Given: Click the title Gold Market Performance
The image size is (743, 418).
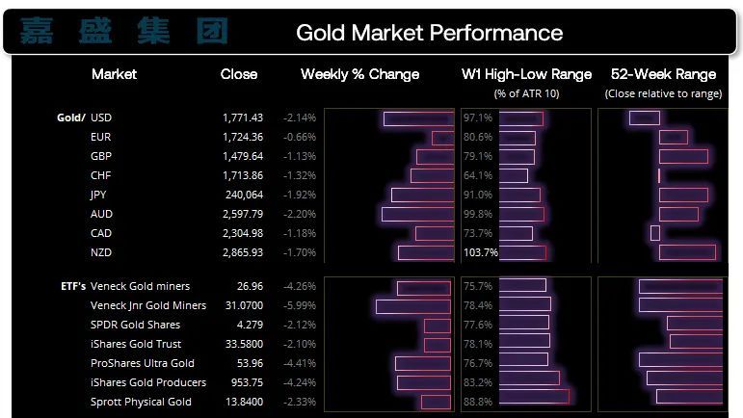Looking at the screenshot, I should [x=429, y=33].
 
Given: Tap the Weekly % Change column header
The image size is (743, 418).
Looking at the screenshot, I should [x=359, y=74].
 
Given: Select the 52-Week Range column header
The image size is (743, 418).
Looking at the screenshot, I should [x=663, y=74].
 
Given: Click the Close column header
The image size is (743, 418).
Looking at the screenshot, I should [x=239, y=74].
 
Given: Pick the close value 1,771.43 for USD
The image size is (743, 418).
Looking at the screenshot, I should [x=242, y=118].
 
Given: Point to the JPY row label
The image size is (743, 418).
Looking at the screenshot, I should [x=97, y=195].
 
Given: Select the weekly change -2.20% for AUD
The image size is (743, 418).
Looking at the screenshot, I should [x=300, y=214].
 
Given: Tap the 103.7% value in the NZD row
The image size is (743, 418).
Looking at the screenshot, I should [x=481, y=252].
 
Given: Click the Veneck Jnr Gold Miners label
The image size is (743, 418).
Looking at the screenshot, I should [x=147, y=305].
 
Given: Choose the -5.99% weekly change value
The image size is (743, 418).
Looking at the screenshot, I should [x=300, y=305].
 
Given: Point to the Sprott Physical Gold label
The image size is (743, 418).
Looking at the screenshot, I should [x=141, y=402].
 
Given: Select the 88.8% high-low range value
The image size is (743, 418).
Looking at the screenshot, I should [x=478, y=402].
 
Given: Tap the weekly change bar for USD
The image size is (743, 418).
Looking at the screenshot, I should [x=416, y=118].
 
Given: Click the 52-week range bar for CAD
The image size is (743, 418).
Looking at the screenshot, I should [x=655, y=233].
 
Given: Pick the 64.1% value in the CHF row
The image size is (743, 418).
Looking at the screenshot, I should [x=478, y=175].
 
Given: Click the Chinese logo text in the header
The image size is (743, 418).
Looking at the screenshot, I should [x=124, y=32].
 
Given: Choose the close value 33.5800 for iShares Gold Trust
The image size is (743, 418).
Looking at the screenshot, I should [x=242, y=344].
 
